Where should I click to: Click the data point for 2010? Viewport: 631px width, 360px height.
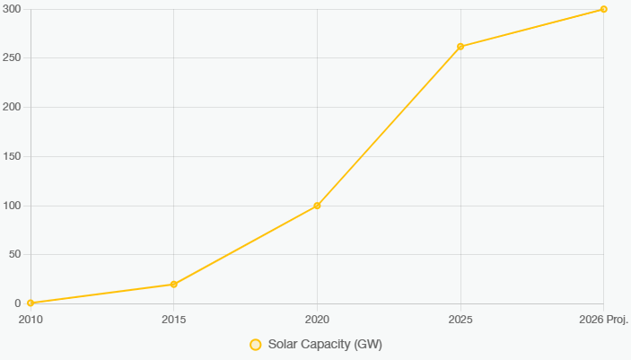[31, 303]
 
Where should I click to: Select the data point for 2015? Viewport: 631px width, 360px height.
[173, 285]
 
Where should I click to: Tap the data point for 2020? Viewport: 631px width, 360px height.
[317, 206]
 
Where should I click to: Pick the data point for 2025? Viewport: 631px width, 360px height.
[460, 47]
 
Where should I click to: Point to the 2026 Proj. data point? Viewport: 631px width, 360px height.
[603, 9]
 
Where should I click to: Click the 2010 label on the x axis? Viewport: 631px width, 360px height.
[31, 319]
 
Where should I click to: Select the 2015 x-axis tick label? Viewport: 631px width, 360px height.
[173, 319]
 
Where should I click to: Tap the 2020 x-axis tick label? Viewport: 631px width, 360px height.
[317, 319]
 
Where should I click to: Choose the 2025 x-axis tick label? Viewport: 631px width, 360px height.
[460, 319]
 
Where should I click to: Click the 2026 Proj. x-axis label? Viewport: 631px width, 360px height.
[603, 319]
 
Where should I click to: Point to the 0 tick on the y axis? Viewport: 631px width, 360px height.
[17, 303]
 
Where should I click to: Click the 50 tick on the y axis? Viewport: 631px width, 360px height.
[13, 255]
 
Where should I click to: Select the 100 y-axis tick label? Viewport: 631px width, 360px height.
[11, 206]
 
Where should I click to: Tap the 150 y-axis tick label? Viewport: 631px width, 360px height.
[11, 156]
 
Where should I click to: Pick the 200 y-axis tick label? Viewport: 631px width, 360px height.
[11, 107]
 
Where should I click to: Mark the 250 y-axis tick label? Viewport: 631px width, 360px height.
[11, 58]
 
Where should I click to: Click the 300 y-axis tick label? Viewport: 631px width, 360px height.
[11, 9]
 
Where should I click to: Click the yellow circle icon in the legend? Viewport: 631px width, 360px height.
[255, 345]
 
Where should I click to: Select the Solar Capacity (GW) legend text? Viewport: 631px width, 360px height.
[325, 345]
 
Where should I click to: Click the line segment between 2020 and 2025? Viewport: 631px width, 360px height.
[389, 126]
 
